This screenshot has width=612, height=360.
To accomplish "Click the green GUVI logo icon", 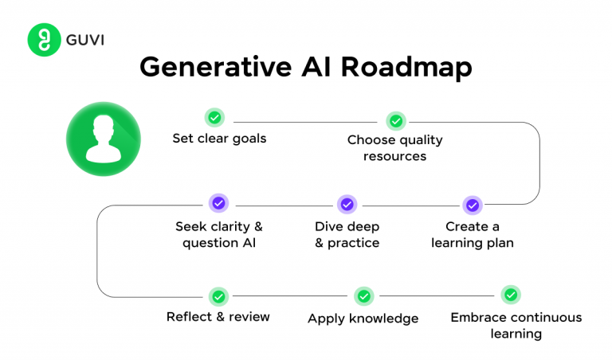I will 45,40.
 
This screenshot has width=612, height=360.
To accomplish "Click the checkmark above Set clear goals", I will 214,117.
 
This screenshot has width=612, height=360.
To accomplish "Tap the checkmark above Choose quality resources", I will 395,121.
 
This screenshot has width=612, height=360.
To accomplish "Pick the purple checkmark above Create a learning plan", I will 472,205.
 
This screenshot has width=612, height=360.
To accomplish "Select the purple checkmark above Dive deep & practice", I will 347,205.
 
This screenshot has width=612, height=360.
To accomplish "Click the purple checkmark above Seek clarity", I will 218,204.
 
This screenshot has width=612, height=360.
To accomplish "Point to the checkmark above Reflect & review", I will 218,296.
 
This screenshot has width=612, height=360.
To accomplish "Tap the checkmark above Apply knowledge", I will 363,296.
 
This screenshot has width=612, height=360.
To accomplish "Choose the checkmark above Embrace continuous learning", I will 511,295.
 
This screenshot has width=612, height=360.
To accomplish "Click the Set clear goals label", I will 219,139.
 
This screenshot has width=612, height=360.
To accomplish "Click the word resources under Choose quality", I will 395,157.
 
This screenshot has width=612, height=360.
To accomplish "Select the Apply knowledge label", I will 363,319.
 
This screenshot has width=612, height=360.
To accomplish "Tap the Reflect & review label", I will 218,317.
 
